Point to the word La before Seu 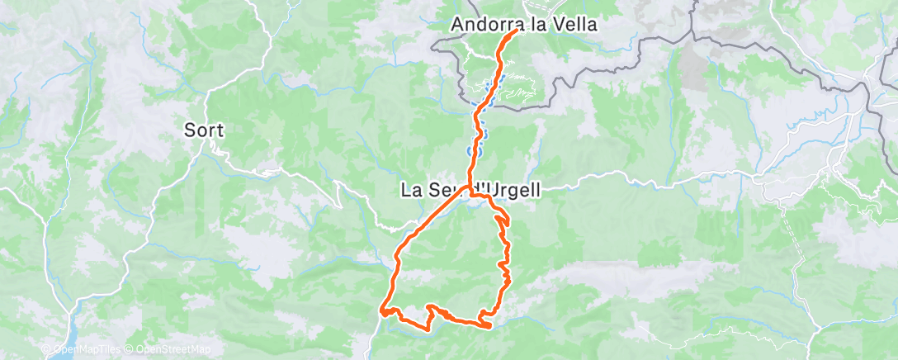410,190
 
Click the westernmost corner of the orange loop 381,311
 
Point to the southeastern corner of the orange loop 489,325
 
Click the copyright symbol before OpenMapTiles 46,349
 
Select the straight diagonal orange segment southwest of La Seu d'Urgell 433,219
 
